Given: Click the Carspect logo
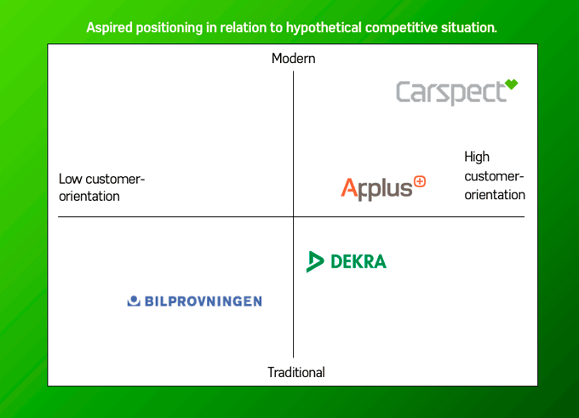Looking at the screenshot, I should point(456,92).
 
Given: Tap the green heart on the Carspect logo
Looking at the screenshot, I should point(510,84).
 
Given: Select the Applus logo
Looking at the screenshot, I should point(382,188).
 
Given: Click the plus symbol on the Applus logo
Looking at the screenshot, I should point(418,182).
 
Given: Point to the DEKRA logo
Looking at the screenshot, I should point(347,261).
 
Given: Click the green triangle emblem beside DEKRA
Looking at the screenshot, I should point(314,261).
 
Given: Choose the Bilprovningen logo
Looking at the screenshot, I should point(194,301).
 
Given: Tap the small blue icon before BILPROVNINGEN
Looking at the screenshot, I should point(133,301).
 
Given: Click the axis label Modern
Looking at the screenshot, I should point(293,59).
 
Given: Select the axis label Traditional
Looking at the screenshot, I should point(295,372).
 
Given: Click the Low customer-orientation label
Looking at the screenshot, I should point(101,187).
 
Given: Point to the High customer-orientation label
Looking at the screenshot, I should point(494,175).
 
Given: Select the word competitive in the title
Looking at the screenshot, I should point(398,27).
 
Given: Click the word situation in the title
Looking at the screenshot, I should point(467,27).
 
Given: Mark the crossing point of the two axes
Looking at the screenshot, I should point(293,217).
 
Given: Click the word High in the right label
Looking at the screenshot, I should point(477,157).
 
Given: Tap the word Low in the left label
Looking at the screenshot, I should point(71,179).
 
